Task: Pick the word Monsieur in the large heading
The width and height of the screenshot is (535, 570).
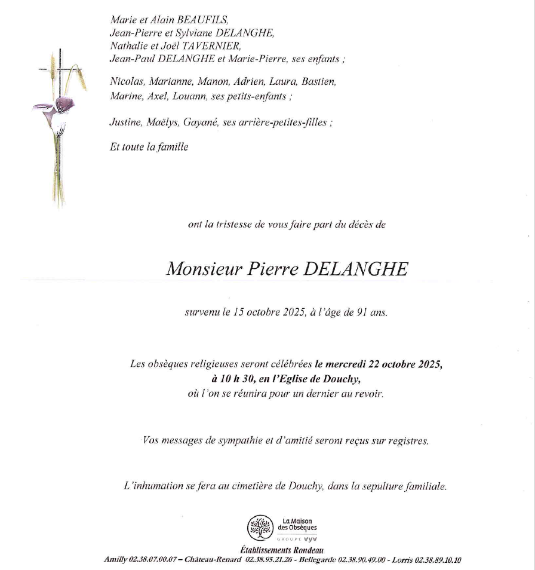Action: click(203, 269)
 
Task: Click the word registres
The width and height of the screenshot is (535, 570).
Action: click(408, 441)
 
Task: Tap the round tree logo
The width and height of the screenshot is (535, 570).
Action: click(260, 528)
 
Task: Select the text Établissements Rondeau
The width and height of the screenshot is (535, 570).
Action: click(282, 551)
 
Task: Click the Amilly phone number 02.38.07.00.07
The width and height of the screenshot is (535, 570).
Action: click(149, 560)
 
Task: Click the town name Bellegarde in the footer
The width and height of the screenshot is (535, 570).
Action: click(316, 560)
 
